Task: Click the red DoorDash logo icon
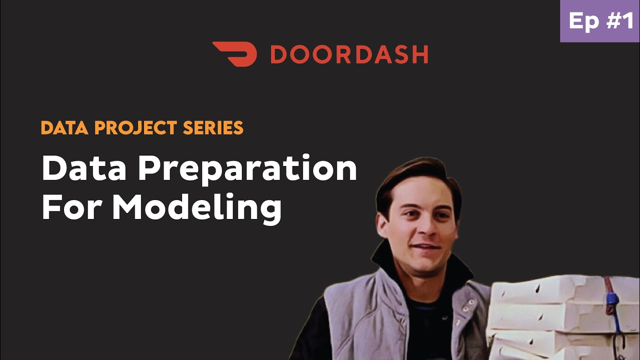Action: tap(234, 54)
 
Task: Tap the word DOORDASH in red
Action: tap(349, 54)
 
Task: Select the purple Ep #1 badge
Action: tap(600, 21)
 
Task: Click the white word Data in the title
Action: tap(85, 169)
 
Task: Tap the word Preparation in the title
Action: tap(247, 170)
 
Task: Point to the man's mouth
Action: tap(426, 247)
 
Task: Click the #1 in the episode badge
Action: tap(618, 21)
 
